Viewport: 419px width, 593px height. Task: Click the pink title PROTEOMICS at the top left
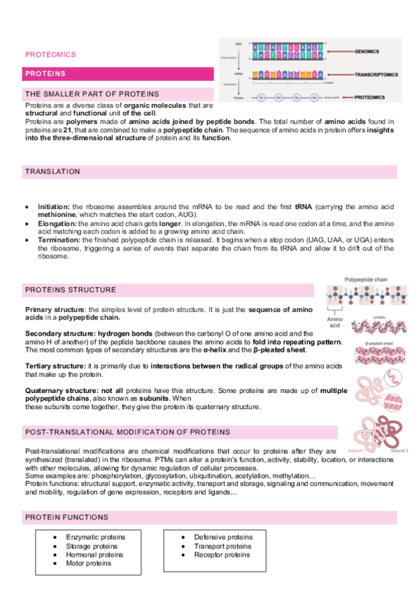pyautogui.click(x=50, y=54)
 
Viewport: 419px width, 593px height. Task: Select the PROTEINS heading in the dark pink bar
pyautogui.click(x=45, y=74)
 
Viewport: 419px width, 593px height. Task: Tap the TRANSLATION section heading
pyautogui.click(x=52, y=171)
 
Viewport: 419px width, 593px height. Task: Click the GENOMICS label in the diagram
pyautogui.click(x=371, y=52)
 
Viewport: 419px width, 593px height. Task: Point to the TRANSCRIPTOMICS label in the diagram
pyautogui.click(x=379, y=73)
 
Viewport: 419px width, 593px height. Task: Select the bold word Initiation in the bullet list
pyautogui.click(x=52, y=208)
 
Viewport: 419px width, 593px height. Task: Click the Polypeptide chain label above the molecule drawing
pyautogui.click(x=367, y=279)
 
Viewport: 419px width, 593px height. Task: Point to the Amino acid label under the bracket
pyautogui.click(x=335, y=322)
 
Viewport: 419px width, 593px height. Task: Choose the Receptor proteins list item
pyautogui.click(x=222, y=555)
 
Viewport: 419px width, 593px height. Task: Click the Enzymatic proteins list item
pyautogui.click(x=95, y=536)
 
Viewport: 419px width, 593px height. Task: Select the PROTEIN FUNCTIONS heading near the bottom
pyautogui.click(x=66, y=517)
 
